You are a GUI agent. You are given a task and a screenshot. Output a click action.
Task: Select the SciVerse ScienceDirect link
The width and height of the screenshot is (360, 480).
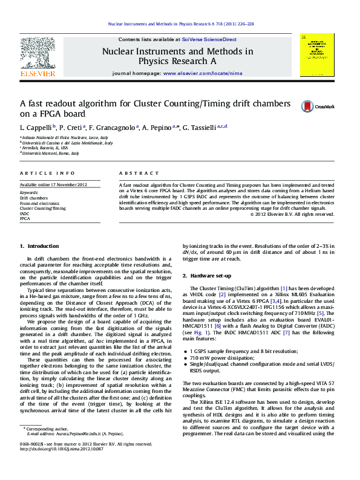click(213, 39)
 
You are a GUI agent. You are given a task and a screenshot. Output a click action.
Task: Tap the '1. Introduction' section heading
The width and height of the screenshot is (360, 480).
click(39, 246)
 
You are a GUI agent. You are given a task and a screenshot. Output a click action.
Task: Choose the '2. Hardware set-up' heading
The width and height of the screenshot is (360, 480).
click(206, 276)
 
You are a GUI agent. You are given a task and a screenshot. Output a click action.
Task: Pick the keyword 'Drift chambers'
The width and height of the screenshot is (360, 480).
click(34, 198)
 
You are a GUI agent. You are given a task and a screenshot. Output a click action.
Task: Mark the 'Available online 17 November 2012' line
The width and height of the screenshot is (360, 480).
click(54, 184)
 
